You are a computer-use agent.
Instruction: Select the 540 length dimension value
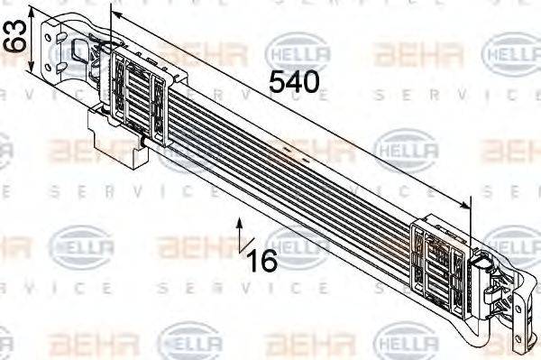tap(294, 82)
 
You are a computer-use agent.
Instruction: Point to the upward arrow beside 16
tap(239, 232)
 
